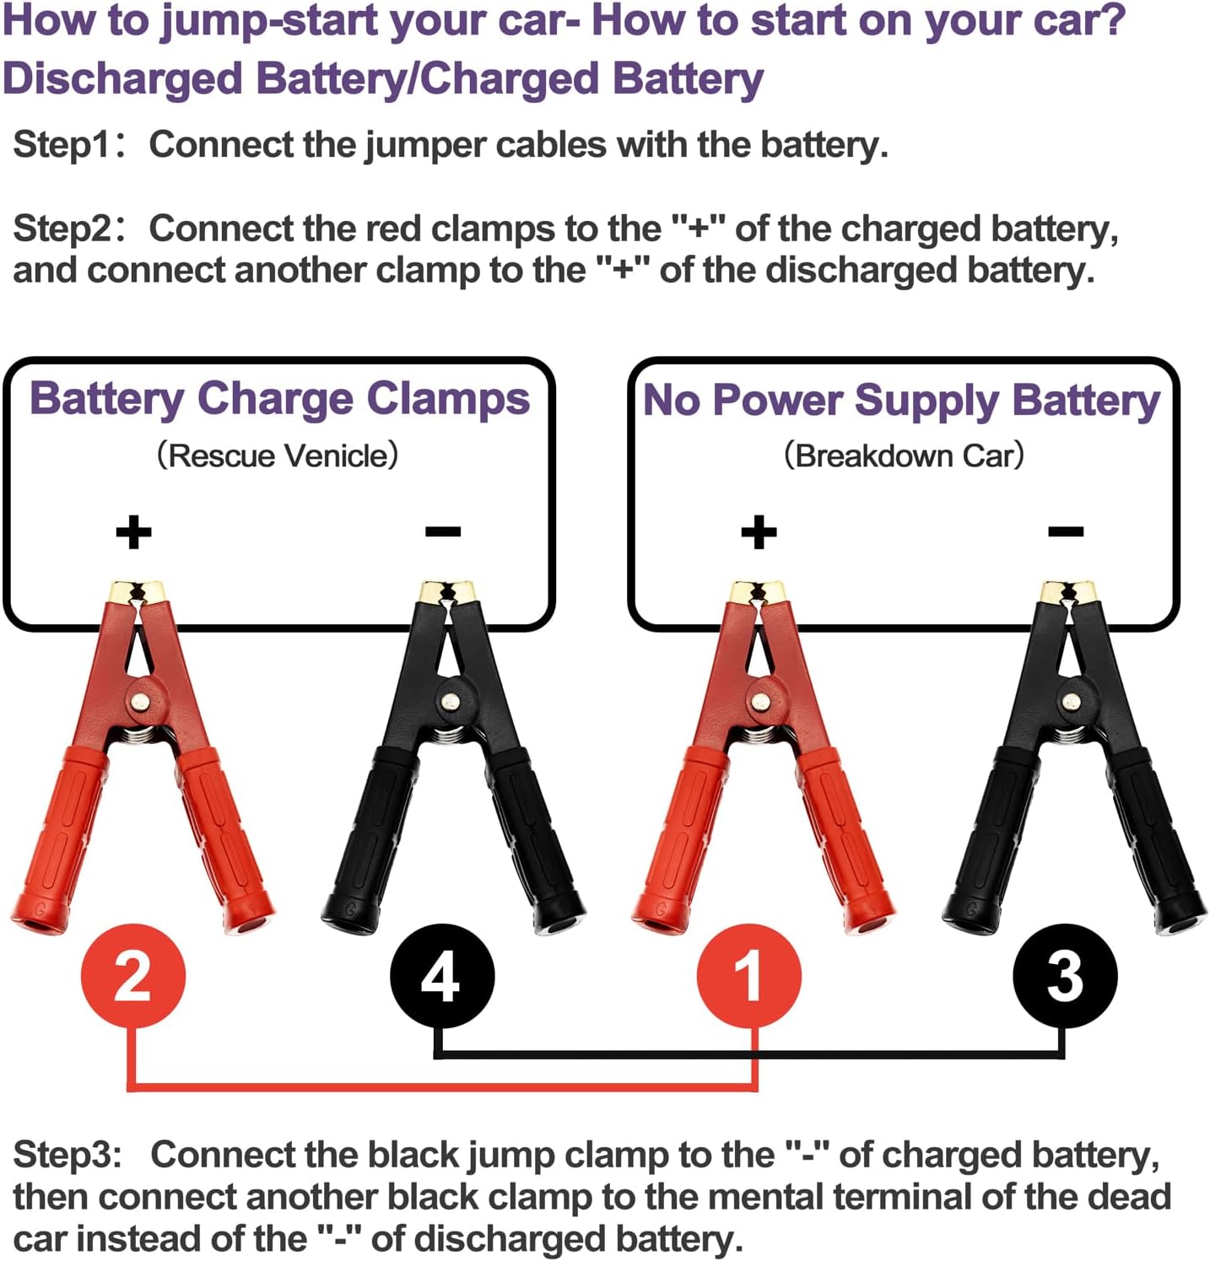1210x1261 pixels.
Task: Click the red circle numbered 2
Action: click(133, 976)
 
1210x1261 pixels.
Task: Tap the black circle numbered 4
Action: click(441, 976)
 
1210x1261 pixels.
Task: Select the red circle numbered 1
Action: click(748, 976)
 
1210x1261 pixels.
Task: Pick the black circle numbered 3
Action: click(1065, 976)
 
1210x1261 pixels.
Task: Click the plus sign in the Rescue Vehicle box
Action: click(133, 532)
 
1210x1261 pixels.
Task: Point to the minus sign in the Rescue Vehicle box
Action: click(443, 531)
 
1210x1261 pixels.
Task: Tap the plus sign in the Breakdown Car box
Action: click(759, 532)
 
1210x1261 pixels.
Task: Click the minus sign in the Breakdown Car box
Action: click(1066, 531)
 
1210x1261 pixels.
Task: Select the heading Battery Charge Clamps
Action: click(279, 400)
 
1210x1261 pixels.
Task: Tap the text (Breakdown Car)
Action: click(903, 455)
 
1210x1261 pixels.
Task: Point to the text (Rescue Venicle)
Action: click(278, 455)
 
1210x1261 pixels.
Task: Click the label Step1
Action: click(61, 145)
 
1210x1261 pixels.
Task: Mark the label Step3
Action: click(68, 1155)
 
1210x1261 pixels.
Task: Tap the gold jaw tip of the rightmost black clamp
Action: click(1069, 590)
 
